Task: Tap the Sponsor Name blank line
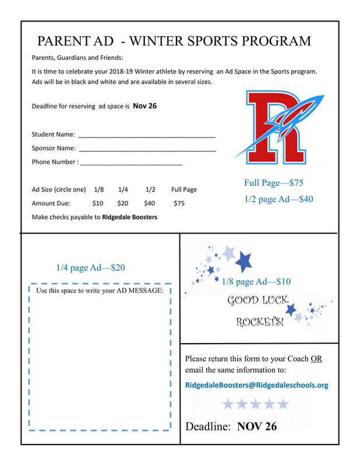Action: (x=148, y=150)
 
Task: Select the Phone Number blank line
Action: (x=131, y=164)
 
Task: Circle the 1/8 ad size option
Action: (x=98, y=189)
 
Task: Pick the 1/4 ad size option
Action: (x=123, y=189)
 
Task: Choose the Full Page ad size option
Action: (x=183, y=189)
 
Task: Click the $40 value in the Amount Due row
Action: (x=149, y=203)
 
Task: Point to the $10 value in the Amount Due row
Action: (x=97, y=203)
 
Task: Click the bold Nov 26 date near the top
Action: (x=144, y=106)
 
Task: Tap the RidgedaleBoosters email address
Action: (x=256, y=385)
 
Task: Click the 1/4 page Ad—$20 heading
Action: (x=90, y=268)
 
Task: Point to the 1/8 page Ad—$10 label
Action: (x=256, y=282)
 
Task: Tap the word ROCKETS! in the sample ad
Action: (x=259, y=322)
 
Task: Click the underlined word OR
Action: (x=316, y=359)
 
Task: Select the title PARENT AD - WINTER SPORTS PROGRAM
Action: (x=174, y=41)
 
